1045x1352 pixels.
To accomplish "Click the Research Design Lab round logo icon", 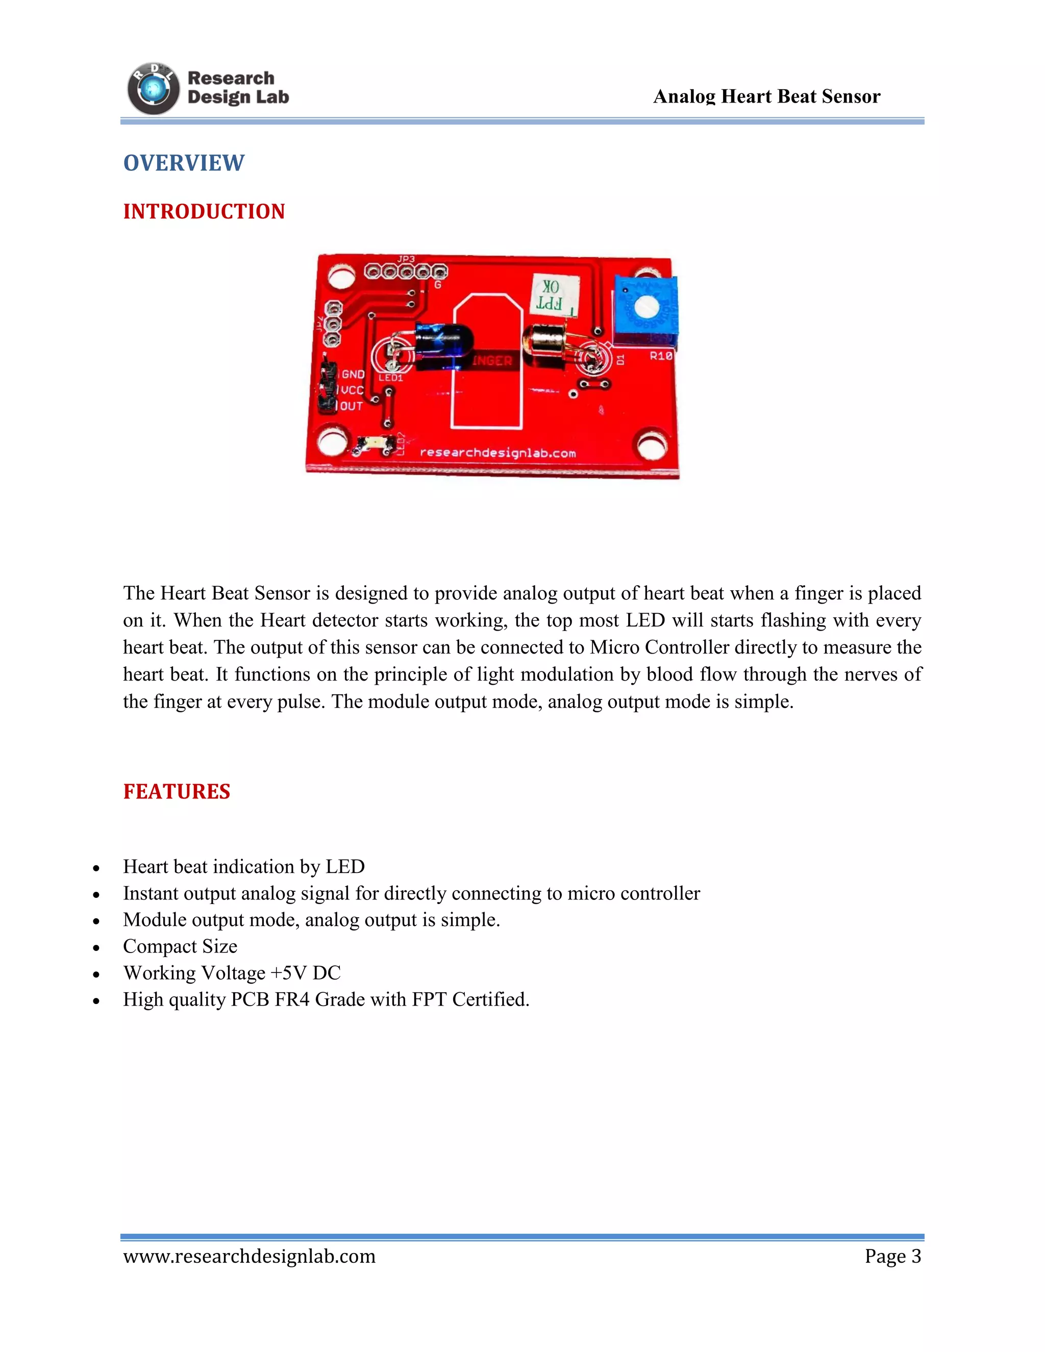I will (x=153, y=89).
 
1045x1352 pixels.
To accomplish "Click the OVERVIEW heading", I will (x=184, y=163).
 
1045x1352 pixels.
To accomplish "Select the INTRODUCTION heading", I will (x=204, y=212).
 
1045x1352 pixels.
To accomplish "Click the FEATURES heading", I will (x=177, y=792).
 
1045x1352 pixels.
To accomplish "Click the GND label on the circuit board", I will (x=353, y=374).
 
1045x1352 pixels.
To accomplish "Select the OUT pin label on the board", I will (x=351, y=407).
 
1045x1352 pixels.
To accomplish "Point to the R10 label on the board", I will (x=661, y=356).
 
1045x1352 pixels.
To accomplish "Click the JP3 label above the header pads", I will (x=406, y=259).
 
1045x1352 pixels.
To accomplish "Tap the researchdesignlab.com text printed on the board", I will (x=497, y=453).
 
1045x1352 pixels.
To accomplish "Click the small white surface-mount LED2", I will (x=375, y=444).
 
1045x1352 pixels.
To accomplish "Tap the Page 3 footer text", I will (x=893, y=1256).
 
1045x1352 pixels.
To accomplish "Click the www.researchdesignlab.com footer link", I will (x=250, y=1256).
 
